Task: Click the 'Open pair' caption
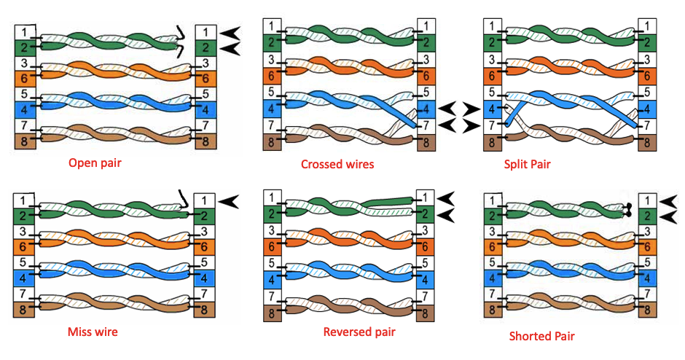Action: click(95, 163)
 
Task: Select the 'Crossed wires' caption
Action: click(337, 164)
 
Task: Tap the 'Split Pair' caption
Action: click(528, 164)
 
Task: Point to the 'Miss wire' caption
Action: click(93, 332)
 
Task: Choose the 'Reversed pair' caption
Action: click(359, 332)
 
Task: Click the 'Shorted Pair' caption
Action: click(541, 336)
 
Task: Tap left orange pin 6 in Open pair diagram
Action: click(25, 78)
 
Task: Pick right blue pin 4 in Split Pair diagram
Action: click(647, 109)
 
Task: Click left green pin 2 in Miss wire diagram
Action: click(23, 216)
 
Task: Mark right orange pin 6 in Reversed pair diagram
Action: click(425, 247)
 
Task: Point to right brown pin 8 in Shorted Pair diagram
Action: click(647, 309)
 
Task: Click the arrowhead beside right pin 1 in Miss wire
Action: click(228, 201)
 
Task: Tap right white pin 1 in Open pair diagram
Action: click(205, 32)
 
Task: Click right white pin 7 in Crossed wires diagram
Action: click(426, 126)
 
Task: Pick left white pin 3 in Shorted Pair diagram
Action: click(493, 231)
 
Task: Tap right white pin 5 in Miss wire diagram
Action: click(204, 263)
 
